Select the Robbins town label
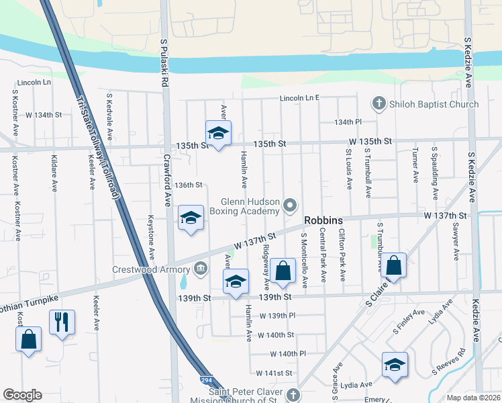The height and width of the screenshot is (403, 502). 323,220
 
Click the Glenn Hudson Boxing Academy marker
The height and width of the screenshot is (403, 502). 290,204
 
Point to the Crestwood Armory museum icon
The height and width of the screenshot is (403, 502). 200,270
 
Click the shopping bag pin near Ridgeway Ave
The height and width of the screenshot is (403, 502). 283,271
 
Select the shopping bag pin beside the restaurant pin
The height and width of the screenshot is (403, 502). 28,339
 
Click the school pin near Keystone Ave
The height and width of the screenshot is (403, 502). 191,218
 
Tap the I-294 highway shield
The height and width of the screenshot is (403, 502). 207,381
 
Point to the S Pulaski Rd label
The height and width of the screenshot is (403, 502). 163,63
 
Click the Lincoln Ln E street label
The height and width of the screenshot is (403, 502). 299,98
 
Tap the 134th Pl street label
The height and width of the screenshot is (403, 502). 349,122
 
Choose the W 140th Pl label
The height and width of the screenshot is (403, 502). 289,353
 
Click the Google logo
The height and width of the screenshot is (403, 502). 23,395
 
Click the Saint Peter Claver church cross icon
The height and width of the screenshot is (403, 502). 291,394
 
